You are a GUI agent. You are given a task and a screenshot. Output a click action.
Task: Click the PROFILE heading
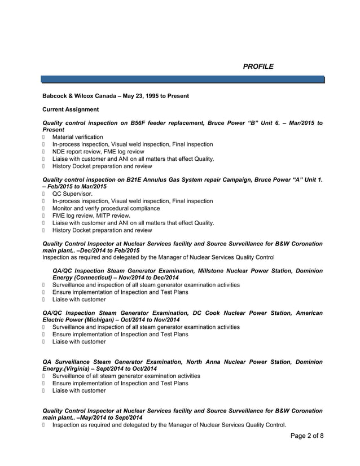(258, 67)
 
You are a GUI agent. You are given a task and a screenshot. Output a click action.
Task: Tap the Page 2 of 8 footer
(307, 436)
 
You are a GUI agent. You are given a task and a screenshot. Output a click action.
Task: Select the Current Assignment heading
(71, 109)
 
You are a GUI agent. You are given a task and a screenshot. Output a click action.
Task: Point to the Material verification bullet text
(77, 137)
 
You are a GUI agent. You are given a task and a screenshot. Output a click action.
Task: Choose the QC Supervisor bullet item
(72, 194)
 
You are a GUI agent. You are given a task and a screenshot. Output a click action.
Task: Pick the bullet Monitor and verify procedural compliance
(106, 208)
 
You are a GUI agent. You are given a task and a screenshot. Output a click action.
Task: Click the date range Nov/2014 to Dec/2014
(148, 278)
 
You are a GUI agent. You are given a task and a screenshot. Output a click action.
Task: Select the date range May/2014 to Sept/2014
(112, 417)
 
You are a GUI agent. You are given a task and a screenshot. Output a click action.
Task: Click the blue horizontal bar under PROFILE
(183, 79)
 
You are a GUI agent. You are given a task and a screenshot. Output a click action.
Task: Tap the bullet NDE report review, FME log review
(98, 152)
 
